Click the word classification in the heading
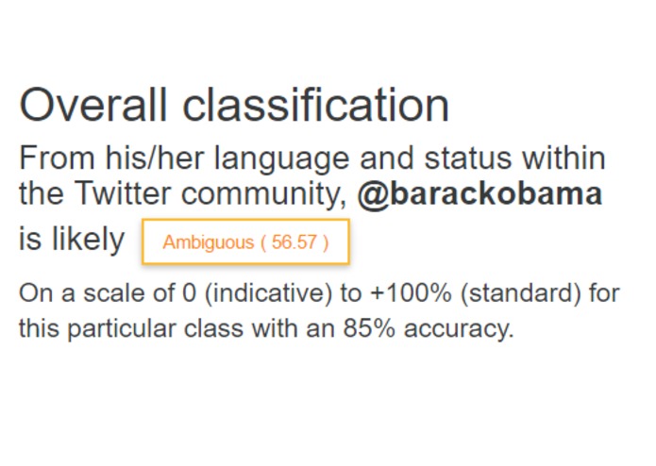click(x=316, y=105)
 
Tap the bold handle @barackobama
click(x=479, y=194)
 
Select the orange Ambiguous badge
click(x=245, y=242)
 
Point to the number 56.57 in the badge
click(x=294, y=242)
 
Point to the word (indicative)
click(x=268, y=293)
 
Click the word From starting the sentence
click(x=55, y=158)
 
